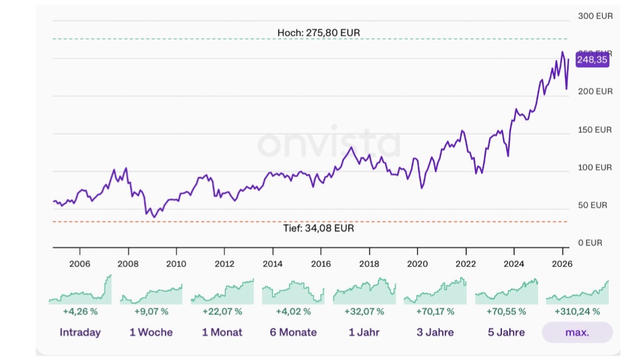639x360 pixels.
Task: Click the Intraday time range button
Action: tap(80, 332)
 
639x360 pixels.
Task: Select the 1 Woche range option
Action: tap(151, 332)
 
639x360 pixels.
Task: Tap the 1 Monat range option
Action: tap(222, 332)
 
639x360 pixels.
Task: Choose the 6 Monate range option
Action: tap(293, 332)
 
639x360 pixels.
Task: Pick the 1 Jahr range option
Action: tap(364, 332)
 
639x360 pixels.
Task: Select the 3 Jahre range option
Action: tap(435, 332)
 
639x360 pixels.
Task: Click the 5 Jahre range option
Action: tap(506, 332)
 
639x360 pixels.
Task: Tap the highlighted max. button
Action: tap(577, 332)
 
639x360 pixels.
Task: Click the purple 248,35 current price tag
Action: tap(592, 60)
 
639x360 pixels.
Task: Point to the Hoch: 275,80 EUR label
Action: tap(318, 32)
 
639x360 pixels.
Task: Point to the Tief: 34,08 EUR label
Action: tap(318, 228)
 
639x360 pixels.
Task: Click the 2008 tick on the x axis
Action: tap(128, 264)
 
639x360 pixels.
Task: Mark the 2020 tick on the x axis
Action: tap(417, 264)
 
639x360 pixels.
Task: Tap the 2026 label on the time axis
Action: tap(562, 264)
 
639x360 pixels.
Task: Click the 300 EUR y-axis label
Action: tap(595, 16)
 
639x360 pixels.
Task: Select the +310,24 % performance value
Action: tap(577, 311)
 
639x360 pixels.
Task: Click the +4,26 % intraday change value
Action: tap(80, 311)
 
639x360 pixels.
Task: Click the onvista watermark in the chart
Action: tap(328, 144)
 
